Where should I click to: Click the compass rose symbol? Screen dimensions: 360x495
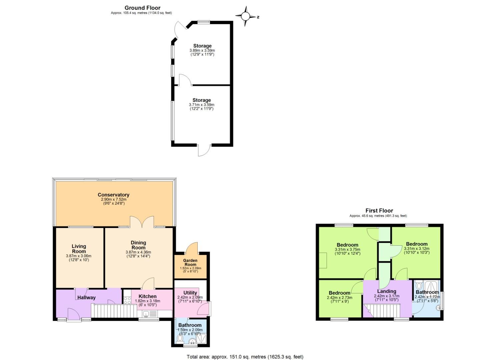[246, 16]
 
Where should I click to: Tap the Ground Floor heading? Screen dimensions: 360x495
[142, 8]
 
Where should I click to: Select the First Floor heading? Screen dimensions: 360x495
[379, 210]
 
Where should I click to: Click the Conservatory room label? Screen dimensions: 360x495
[113, 195]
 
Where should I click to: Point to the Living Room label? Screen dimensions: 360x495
[79, 249]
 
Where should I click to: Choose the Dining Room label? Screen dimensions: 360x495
[138, 245]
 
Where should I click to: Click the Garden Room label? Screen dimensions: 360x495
[190, 262]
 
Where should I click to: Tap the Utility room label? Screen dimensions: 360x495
[190, 293]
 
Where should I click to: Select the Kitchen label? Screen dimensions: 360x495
[147, 296]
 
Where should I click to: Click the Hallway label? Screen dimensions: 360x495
[86, 297]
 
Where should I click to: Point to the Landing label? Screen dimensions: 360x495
[386, 291]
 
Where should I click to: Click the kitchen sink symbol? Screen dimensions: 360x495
[149, 314]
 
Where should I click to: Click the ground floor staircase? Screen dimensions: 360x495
[113, 311]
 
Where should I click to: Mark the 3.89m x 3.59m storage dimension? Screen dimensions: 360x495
[202, 51]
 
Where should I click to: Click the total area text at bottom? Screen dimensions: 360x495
[245, 357]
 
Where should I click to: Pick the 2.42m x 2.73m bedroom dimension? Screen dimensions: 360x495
[339, 298]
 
